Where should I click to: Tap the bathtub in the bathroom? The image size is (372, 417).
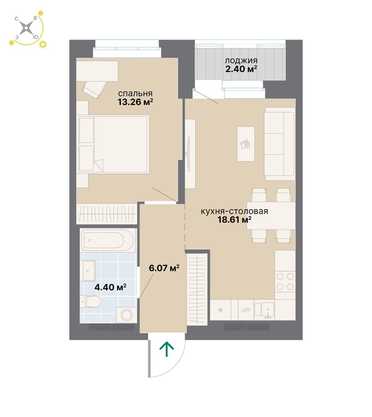(x=107, y=240)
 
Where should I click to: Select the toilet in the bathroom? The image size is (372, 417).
(x=90, y=302)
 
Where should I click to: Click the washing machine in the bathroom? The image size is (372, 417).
(x=126, y=315)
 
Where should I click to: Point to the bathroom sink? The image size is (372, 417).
(x=87, y=271)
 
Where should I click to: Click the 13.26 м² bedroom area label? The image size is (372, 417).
(x=135, y=102)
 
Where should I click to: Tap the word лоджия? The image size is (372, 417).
(x=241, y=61)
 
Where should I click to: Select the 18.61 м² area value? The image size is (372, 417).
(x=234, y=220)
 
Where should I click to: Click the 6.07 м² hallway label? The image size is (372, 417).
(x=164, y=268)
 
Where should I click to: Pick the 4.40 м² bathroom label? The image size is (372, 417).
(x=110, y=287)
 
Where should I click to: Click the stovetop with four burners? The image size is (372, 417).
(x=285, y=282)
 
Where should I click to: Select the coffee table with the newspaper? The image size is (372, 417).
(x=246, y=144)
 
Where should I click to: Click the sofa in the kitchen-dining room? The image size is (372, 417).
(x=280, y=144)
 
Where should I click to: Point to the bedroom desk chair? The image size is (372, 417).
(x=94, y=90)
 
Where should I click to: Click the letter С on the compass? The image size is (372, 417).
(x=17, y=19)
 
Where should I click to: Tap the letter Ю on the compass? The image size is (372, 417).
(x=35, y=37)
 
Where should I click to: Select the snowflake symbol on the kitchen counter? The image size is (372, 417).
(x=220, y=310)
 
